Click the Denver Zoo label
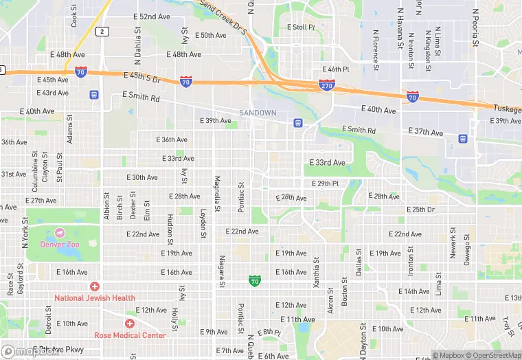60,245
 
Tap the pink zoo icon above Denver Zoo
60,233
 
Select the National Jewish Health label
95,298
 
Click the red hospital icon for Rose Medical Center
129,323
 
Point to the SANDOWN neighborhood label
258,112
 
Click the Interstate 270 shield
326,85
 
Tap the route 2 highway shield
102,31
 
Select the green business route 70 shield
255,280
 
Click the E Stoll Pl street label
300,27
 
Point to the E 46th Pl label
336,69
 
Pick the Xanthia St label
316,271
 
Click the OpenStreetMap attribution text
492,355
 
